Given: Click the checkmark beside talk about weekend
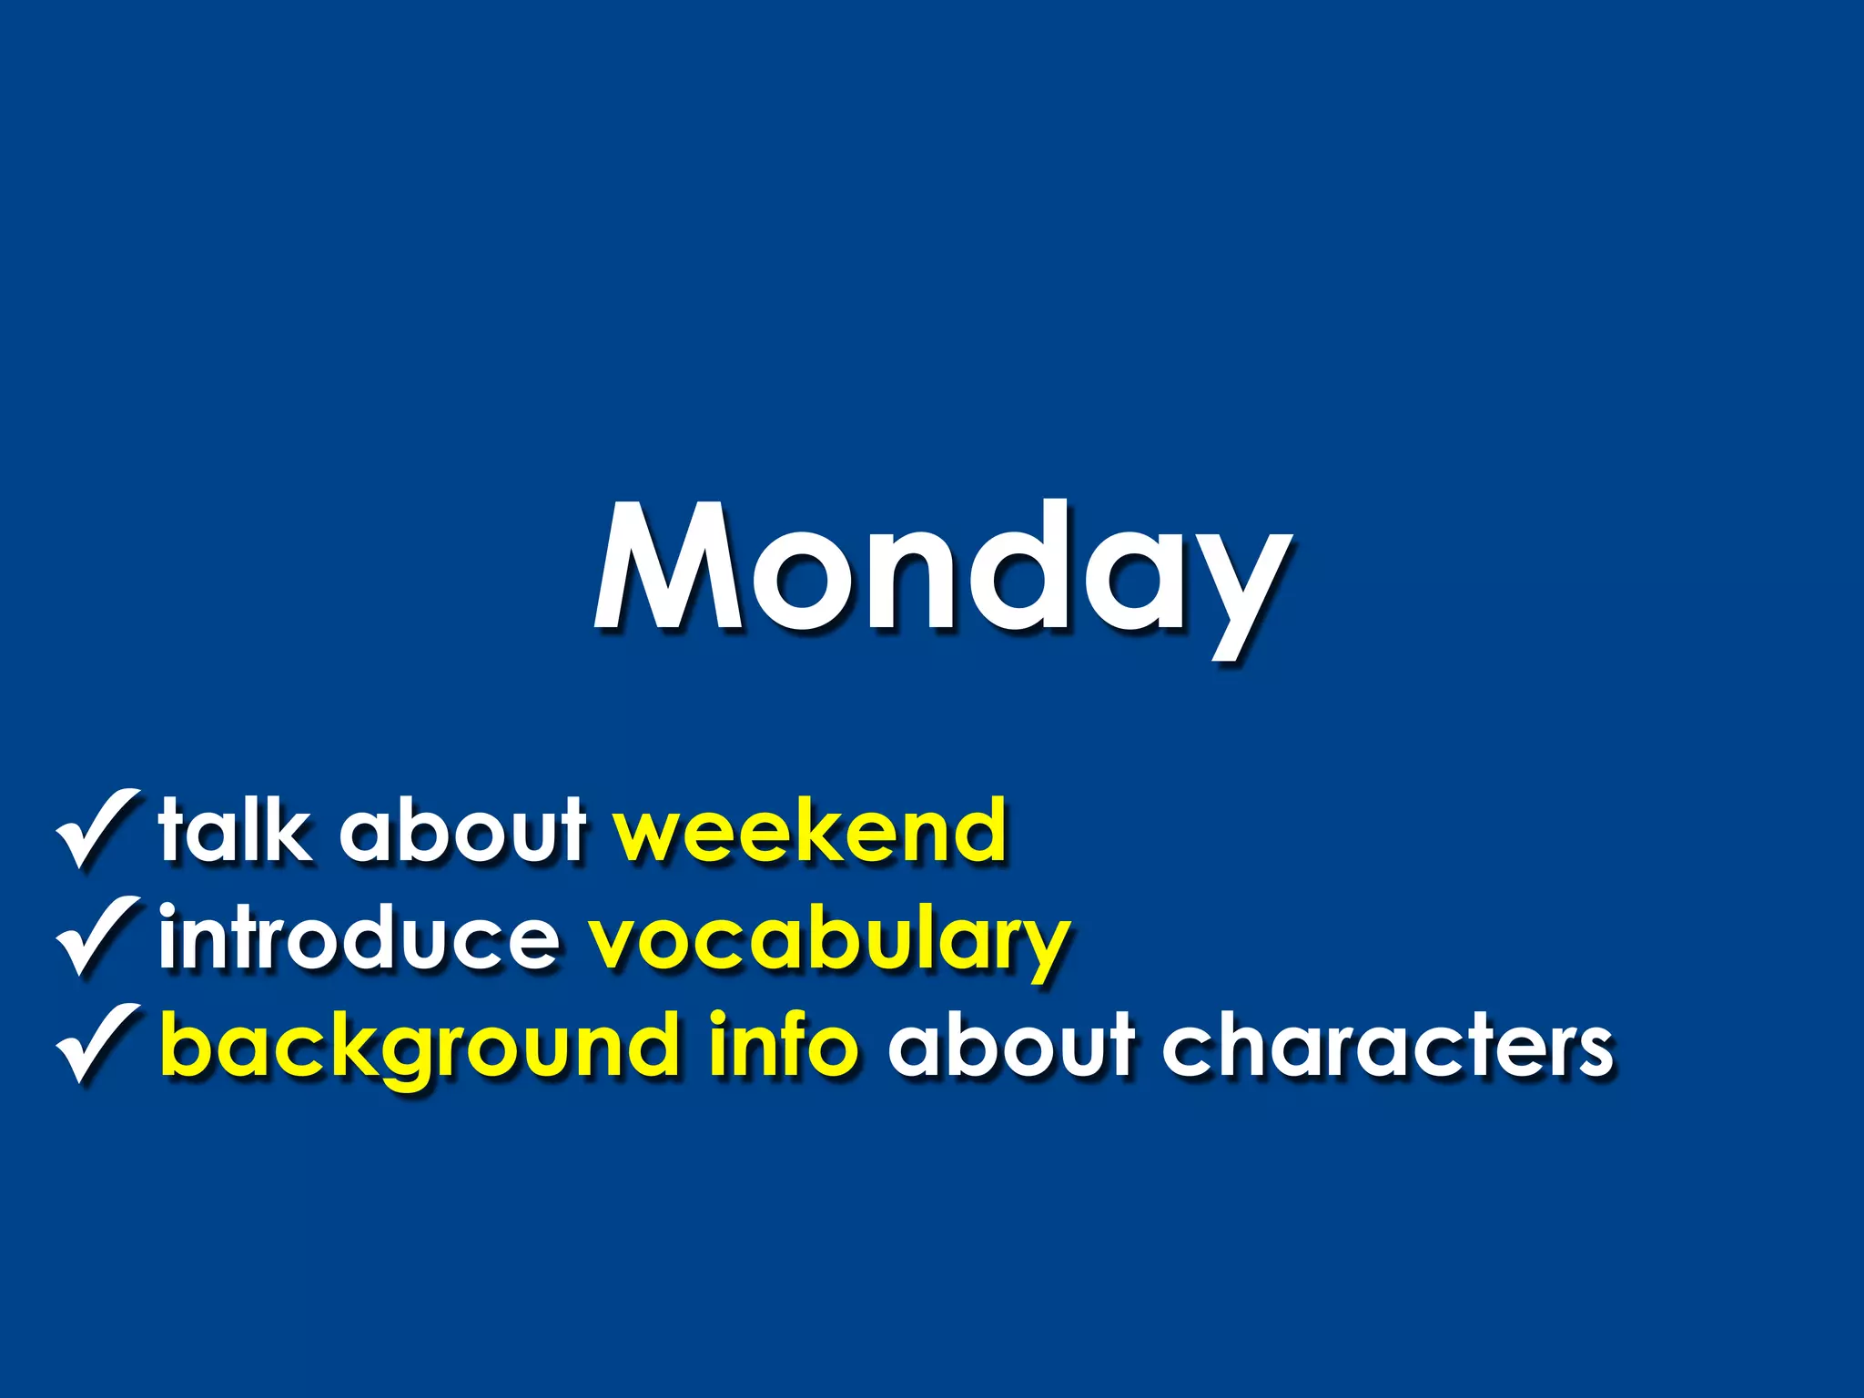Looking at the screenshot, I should tap(98, 828).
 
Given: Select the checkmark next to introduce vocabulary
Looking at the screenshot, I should tap(98, 936).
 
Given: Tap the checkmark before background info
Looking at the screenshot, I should tap(98, 1044).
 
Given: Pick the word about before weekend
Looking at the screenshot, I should tap(463, 830).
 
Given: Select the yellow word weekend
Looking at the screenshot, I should tap(810, 830).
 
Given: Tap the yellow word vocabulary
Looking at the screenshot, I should tap(828, 942).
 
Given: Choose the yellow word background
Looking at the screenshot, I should tap(420, 1047).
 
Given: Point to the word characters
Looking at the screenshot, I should tap(1387, 1047).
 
